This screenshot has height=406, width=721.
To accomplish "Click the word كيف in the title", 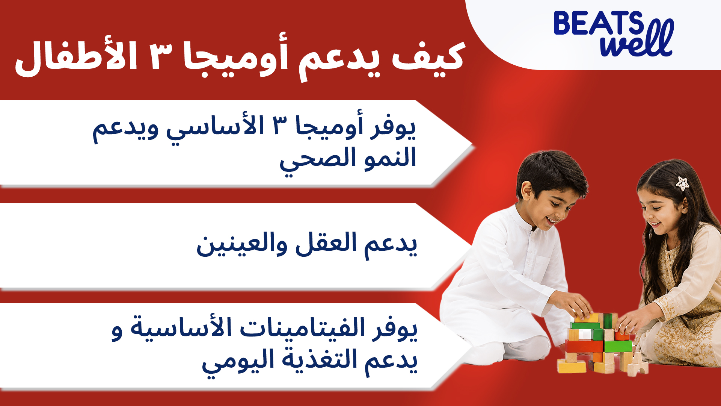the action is point(428,57).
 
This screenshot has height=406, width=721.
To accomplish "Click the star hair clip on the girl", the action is point(682,183).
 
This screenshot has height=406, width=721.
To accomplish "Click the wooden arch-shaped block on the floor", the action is point(638,365).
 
